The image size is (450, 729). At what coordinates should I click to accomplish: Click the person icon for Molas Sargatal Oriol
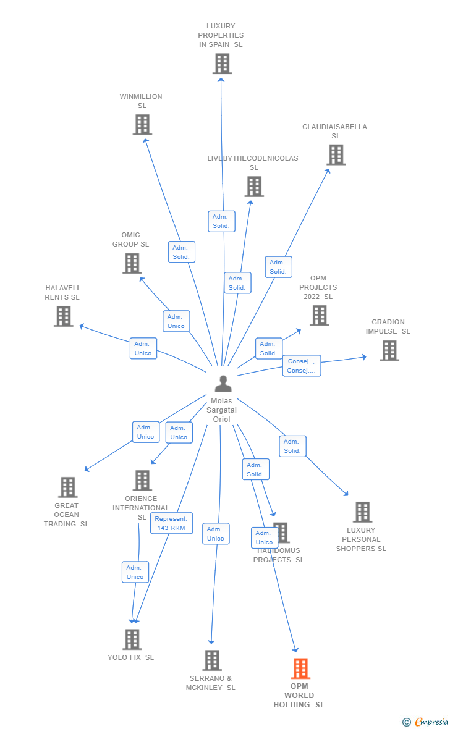tap(223, 384)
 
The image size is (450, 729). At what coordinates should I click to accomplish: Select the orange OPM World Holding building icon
tap(300, 668)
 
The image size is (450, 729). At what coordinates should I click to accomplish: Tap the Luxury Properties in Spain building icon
tap(222, 64)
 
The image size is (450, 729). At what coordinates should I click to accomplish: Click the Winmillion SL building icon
tap(142, 125)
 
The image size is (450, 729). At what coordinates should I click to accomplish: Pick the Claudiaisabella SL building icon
tap(336, 155)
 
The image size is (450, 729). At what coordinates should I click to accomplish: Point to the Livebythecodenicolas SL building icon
tap(253, 187)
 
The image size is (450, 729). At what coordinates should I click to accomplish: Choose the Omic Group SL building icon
tap(132, 264)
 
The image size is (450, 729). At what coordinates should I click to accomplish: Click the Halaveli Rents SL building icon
tap(63, 316)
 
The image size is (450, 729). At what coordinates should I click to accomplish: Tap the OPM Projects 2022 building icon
tap(319, 316)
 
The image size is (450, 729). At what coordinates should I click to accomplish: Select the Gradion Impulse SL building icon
tap(389, 350)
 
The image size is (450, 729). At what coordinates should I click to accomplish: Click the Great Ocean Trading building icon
tap(67, 487)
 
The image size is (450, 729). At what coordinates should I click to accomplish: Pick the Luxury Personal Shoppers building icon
tap(362, 512)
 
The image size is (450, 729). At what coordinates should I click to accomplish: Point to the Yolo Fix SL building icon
tap(132, 639)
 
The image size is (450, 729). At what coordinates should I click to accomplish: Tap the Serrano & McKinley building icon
tap(211, 660)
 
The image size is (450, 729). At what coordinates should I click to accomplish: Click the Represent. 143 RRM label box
tap(171, 523)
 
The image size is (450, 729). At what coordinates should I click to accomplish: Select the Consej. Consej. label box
tap(302, 366)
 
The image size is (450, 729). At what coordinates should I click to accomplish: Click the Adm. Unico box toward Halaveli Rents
tap(143, 348)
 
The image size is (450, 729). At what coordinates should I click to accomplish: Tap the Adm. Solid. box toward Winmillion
tap(181, 252)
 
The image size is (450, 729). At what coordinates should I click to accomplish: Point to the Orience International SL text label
tap(142, 507)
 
